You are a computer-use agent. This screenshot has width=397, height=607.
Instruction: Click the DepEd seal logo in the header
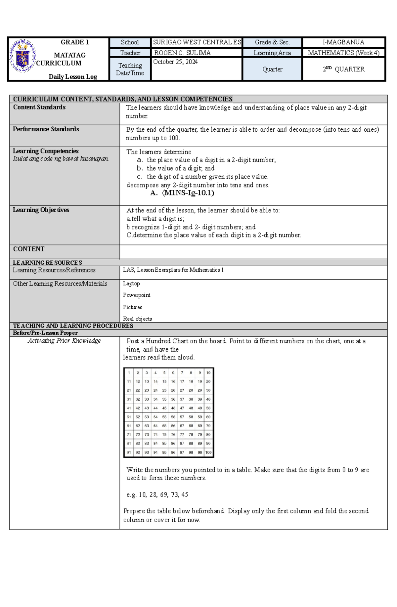[22, 56]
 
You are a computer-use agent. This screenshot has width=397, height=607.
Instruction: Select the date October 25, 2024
[175, 62]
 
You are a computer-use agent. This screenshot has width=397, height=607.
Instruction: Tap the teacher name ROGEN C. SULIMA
[182, 53]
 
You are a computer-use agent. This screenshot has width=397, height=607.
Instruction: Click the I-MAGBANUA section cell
[343, 42]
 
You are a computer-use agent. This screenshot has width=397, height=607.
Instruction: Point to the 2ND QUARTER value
[344, 69]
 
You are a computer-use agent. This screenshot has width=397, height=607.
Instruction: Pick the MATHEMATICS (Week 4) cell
[343, 53]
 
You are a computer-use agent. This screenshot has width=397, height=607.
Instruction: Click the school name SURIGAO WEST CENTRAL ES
[197, 42]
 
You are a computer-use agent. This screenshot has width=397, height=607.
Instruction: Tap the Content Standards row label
[39, 107]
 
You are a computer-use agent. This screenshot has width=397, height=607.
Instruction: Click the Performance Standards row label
[46, 129]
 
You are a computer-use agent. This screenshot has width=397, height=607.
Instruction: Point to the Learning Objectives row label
[41, 210]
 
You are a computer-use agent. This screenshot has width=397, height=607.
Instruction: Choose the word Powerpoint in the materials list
[136, 295]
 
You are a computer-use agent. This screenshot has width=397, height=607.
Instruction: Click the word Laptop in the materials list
[131, 283]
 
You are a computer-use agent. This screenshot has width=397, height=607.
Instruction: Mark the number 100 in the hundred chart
[208, 452]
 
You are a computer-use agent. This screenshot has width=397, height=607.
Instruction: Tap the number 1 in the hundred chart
[129, 373]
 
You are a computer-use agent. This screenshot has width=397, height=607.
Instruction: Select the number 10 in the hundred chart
[208, 373]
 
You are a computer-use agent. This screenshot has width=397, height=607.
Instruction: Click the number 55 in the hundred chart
[164, 417]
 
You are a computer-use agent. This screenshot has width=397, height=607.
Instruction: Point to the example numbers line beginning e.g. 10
[157, 495]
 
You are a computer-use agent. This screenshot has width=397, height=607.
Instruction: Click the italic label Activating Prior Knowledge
[64, 341]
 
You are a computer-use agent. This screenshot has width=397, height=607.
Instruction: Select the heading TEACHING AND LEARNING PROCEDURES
[73, 326]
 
